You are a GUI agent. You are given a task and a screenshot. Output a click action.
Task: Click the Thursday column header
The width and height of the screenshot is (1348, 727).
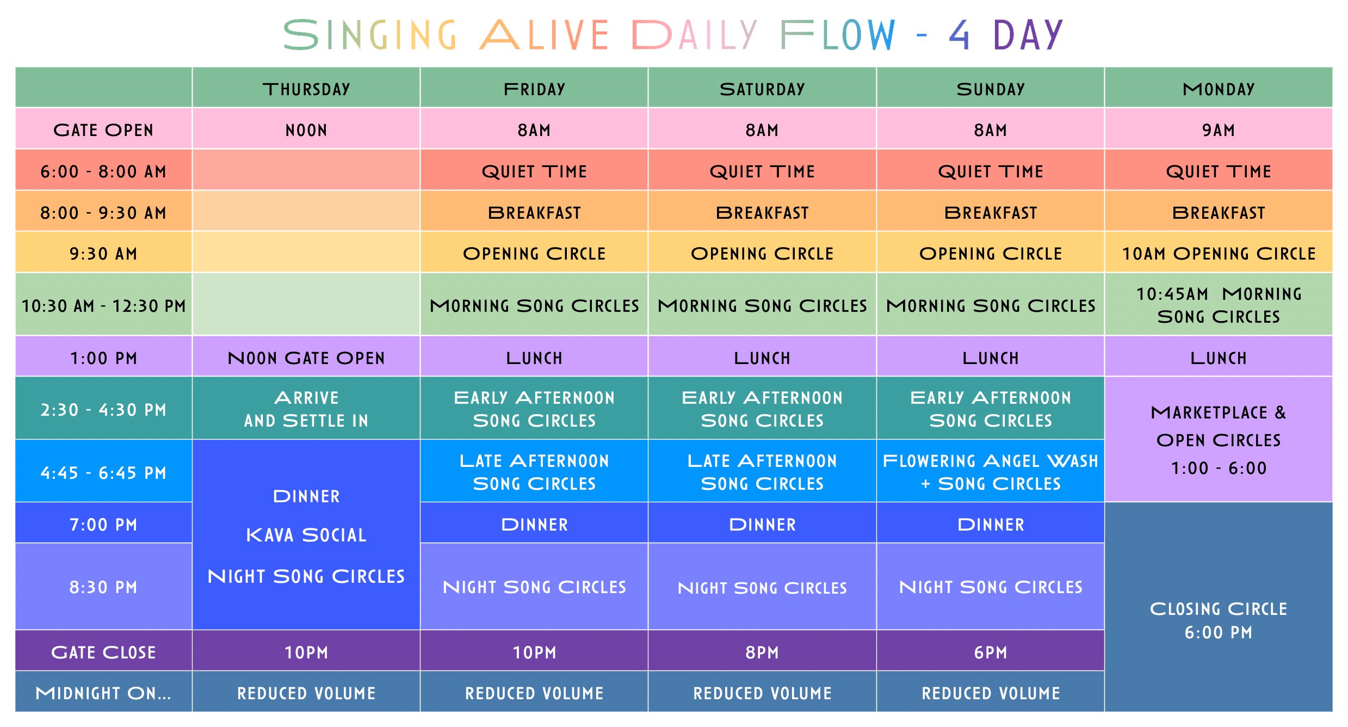pyautogui.click(x=306, y=88)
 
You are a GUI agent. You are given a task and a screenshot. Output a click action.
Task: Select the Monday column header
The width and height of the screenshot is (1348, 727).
pyautogui.click(x=1219, y=88)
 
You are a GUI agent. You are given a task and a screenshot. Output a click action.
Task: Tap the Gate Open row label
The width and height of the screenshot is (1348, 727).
pyautogui.click(x=103, y=129)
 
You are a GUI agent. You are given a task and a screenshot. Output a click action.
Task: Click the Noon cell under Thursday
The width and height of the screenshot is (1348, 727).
pyautogui.click(x=306, y=129)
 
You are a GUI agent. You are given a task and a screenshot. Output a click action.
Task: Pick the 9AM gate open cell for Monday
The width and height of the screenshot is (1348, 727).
pyautogui.click(x=1219, y=129)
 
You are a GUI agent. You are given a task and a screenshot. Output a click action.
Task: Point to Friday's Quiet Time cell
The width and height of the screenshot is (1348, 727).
pyautogui.click(x=534, y=170)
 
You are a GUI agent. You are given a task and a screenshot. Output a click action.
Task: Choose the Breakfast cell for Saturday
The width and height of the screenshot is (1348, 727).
pyautogui.click(x=762, y=212)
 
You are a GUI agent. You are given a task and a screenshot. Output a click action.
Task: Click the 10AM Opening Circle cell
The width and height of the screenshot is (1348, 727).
pyautogui.click(x=1219, y=252)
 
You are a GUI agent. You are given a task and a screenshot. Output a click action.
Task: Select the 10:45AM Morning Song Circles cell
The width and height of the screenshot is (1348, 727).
pyautogui.click(x=1219, y=304)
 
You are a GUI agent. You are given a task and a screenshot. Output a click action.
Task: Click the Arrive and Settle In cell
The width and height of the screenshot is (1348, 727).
pyautogui.click(x=306, y=408)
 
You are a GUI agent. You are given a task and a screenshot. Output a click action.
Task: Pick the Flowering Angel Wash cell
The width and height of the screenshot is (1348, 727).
pyautogui.click(x=991, y=471)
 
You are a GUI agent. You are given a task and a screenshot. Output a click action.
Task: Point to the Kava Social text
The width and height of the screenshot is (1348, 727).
pyautogui.click(x=306, y=535)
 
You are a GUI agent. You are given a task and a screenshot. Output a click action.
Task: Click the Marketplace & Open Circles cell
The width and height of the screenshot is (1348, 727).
pyautogui.click(x=1219, y=439)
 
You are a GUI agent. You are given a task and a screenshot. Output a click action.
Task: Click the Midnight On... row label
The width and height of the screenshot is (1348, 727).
pyautogui.click(x=103, y=692)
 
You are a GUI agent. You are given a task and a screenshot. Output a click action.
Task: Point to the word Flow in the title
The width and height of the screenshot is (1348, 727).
pyautogui.click(x=838, y=35)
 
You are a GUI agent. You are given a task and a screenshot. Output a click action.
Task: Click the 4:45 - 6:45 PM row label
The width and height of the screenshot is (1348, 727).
pyautogui.click(x=103, y=471)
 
